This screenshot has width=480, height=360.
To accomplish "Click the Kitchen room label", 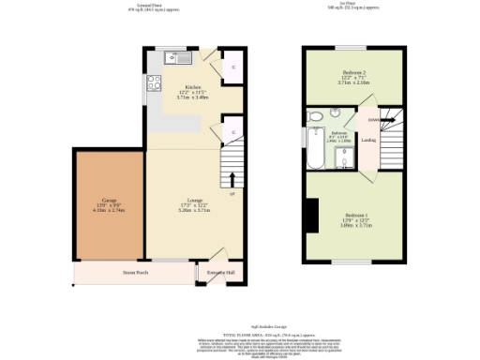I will pyautogui.click(x=192, y=86).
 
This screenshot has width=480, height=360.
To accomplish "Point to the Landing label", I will pyautogui.click(x=368, y=141).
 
